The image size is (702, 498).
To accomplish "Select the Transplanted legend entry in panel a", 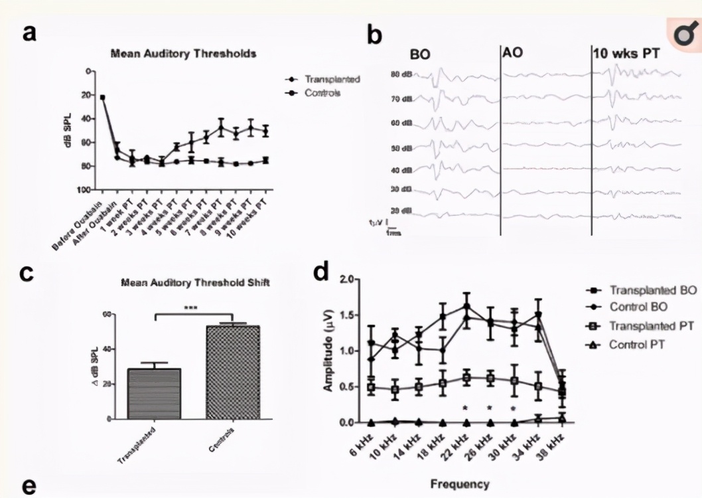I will pyautogui.click(x=332, y=80).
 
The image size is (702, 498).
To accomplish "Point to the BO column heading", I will pyautogui.click(x=420, y=55).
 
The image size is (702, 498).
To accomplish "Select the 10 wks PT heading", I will pyautogui.click(x=627, y=54).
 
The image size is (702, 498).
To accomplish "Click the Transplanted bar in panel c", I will pyautogui.click(x=155, y=394).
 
